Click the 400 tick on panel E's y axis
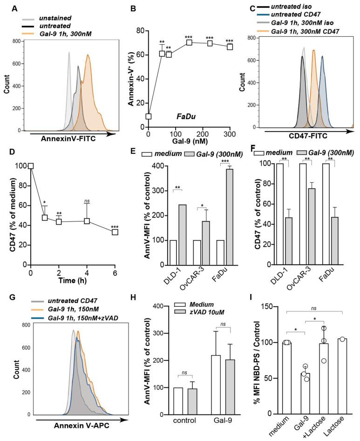(157, 166)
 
